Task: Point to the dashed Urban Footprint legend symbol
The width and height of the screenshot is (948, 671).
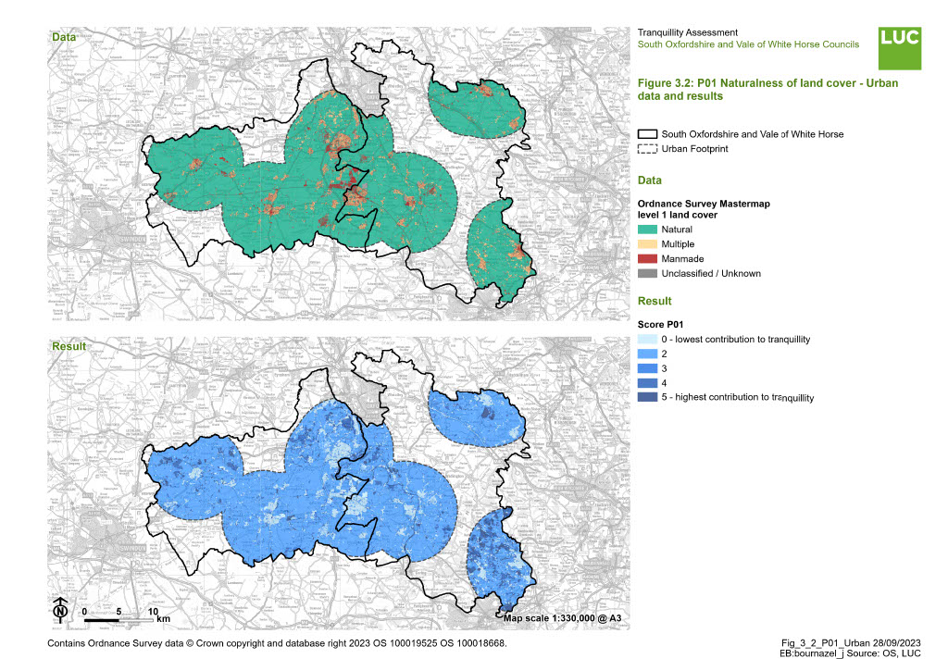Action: (648, 149)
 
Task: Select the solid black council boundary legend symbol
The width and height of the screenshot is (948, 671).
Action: (648, 134)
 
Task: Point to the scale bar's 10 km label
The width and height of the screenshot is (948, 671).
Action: (156, 613)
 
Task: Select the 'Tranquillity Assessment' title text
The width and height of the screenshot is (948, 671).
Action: (688, 33)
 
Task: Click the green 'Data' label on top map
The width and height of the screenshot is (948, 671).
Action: (64, 38)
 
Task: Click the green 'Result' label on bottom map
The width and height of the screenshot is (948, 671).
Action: (68, 347)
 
